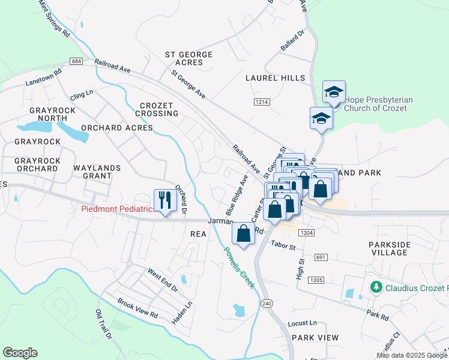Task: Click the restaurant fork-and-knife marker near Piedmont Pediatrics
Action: (163, 200)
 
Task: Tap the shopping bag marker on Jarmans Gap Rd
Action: (243, 233)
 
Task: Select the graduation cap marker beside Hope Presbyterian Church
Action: (334, 92)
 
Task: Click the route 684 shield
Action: (76, 62)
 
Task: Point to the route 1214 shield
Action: (261, 102)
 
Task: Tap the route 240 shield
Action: (267, 304)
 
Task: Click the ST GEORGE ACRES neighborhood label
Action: (188, 58)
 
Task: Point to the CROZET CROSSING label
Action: (157, 109)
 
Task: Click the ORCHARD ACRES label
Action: (117, 128)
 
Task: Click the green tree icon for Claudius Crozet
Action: (376, 287)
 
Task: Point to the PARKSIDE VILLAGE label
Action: (389, 248)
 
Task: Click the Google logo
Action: (20, 353)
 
